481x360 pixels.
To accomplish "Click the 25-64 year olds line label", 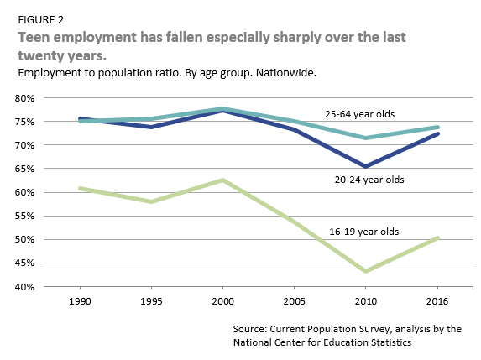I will point(359,113).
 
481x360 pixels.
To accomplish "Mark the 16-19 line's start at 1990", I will point(79,188).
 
